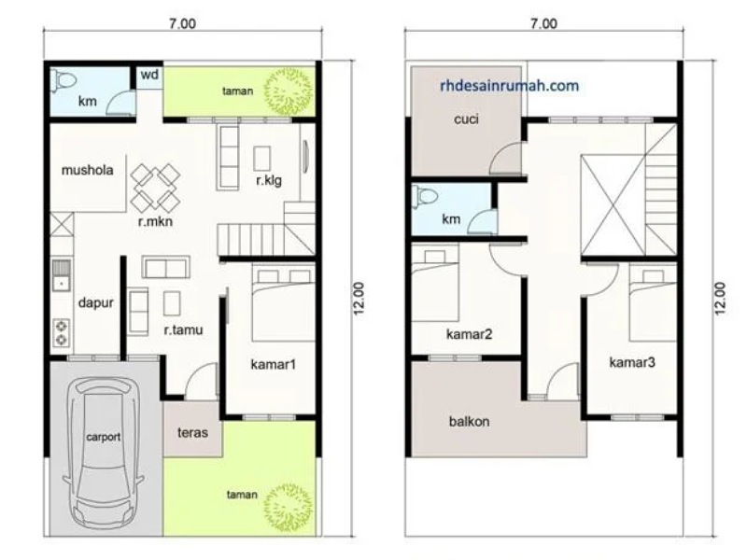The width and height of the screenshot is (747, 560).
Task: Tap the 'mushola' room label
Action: point(87,170)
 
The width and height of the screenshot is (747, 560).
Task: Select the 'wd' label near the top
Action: point(149,75)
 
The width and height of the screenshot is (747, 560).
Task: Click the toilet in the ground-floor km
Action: point(63,80)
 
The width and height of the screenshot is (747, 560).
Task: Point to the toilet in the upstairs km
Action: point(425,196)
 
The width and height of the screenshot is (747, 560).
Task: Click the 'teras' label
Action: point(192,432)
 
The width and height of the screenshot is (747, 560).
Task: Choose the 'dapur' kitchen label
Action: point(96,302)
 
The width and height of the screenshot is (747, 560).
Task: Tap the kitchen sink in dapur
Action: point(61,275)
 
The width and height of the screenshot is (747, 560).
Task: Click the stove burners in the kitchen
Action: point(62,332)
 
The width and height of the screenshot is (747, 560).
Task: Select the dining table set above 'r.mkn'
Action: point(155,188)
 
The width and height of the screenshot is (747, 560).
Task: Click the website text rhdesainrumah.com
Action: point(509,86)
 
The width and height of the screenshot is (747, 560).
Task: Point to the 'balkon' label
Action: point(470,422)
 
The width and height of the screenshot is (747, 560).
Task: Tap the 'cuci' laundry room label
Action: point(466,119)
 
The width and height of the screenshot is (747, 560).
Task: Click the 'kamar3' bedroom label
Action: point(632,363)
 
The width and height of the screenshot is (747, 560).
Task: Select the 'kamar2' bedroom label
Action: point(470,334)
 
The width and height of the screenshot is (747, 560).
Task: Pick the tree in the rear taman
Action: point(289,91)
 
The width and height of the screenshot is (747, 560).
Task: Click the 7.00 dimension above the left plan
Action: point(182,23)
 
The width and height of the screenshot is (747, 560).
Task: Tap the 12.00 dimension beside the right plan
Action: point(720,299)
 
